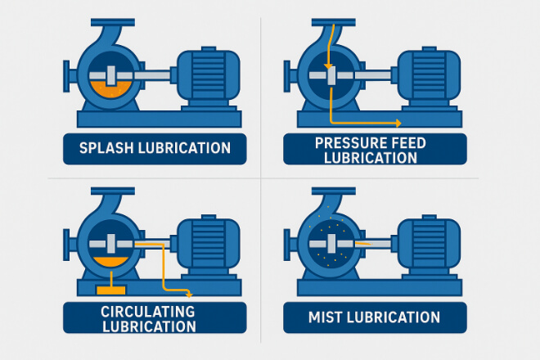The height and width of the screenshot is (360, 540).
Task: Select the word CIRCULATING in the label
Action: pyautogui.click(x=148, y=312)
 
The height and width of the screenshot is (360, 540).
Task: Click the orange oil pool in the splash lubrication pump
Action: pyautogui.click(x=110, y=90)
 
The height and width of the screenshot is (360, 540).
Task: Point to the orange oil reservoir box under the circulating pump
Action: pyautogui.click(x=111, y=290)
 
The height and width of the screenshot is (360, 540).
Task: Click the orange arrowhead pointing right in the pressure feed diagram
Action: pyautogui.click(x=398, y=123)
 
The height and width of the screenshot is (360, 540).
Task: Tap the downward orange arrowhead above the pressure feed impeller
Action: pyautogui.click(x=329, y=66)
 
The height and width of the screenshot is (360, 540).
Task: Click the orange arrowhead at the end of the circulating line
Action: pyautogui.click(x=189, y=295)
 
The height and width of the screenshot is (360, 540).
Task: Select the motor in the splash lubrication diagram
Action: pyautogui.click(x=209, y=76)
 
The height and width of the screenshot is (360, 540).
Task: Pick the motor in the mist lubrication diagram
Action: pyautogui.click(x=429, y=245)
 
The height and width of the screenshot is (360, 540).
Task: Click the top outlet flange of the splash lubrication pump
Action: pyautogui.click(x=113, y=22)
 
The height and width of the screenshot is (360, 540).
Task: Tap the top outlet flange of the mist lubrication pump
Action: pyautogui.click(x=333, y=191)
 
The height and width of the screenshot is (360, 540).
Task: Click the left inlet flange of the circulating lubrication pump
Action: pyautogui.click(x=66, y=245)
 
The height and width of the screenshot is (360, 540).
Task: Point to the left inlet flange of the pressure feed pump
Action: pyautogui.click(x=286, y=76)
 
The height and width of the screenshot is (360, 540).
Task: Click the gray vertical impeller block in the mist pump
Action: pyautogui.click(x=331, y=244)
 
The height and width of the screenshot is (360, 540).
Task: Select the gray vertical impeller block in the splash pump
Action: pyautogui.click(x=110, y=75)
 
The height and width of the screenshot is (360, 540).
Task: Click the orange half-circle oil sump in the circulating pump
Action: pyautogui.click(x=110, y=262)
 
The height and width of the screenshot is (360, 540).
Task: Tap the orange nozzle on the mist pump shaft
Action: pyautogui.click(x=363, y=244)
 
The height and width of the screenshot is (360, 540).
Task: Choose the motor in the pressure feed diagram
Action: pyautogui.click(x=429, y=76)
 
